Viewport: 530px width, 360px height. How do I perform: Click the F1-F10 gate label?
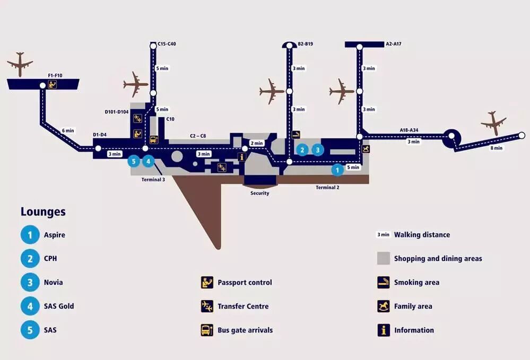click(x=55, y=76)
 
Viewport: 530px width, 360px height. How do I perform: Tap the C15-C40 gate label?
click(x=167, y=44)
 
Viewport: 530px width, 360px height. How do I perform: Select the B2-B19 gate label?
click(x=305, y=44)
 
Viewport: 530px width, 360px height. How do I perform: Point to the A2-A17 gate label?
click(x=393, y=44)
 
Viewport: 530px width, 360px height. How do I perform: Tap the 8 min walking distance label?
click(x=496, y=148)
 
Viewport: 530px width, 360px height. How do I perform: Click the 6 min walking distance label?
click(x=68, y=130)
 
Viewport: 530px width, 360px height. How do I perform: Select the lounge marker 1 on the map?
click(x=337, y=170)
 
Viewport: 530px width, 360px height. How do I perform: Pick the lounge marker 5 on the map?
click(x=134, y=161)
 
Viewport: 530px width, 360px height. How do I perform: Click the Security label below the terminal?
click(x=260, y=194)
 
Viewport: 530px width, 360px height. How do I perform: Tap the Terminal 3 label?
click(x=153, y=180)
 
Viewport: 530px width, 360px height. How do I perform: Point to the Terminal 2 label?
click(x=327, y=188)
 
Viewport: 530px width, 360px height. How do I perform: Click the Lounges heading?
click(x=43, y=212)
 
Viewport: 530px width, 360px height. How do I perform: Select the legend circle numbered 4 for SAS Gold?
click(x=30, y=306)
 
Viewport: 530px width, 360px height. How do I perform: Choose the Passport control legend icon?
click(x=207, y=283)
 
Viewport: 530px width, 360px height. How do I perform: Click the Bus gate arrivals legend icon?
click(x=207, y=330)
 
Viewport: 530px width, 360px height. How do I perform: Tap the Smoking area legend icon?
click(x=384, y=283)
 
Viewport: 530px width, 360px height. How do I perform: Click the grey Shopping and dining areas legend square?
click(x=384, y=258)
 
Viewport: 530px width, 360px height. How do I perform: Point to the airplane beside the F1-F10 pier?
click(x=20, y=64)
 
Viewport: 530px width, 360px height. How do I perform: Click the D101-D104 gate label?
click(x=117, y=112)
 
